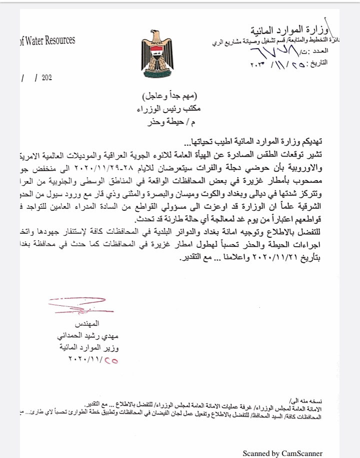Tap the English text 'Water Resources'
tap(46, 40)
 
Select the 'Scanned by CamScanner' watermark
tap(282, 453)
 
